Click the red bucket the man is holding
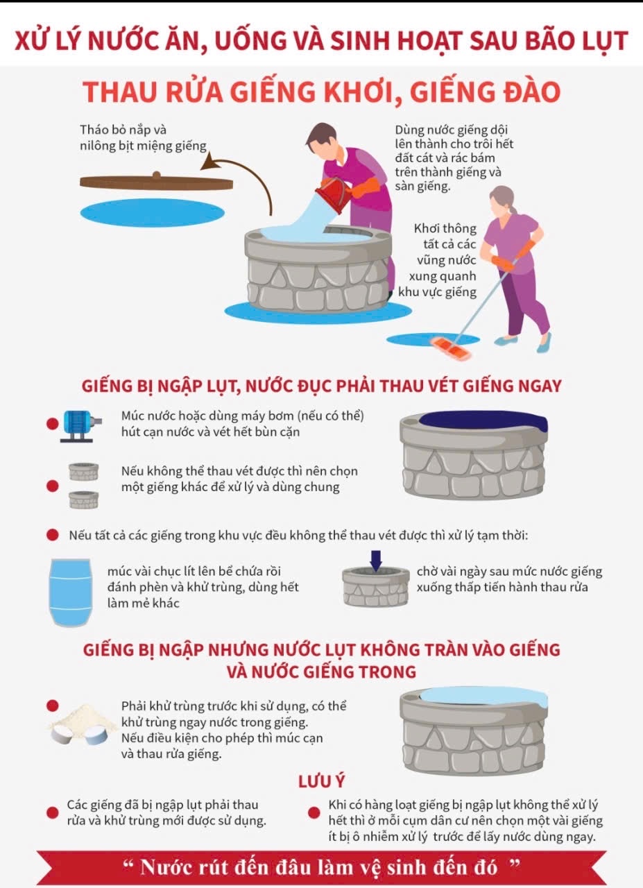click(x=334, y=194)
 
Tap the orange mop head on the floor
click(x=450, y=347)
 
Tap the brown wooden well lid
click(x=156, y=182)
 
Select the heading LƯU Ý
click(x=321, y=781)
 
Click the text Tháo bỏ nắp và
click(x=123, y=130)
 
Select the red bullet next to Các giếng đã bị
click(x=52, y=812)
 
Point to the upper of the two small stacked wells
click(x=83, y=472)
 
